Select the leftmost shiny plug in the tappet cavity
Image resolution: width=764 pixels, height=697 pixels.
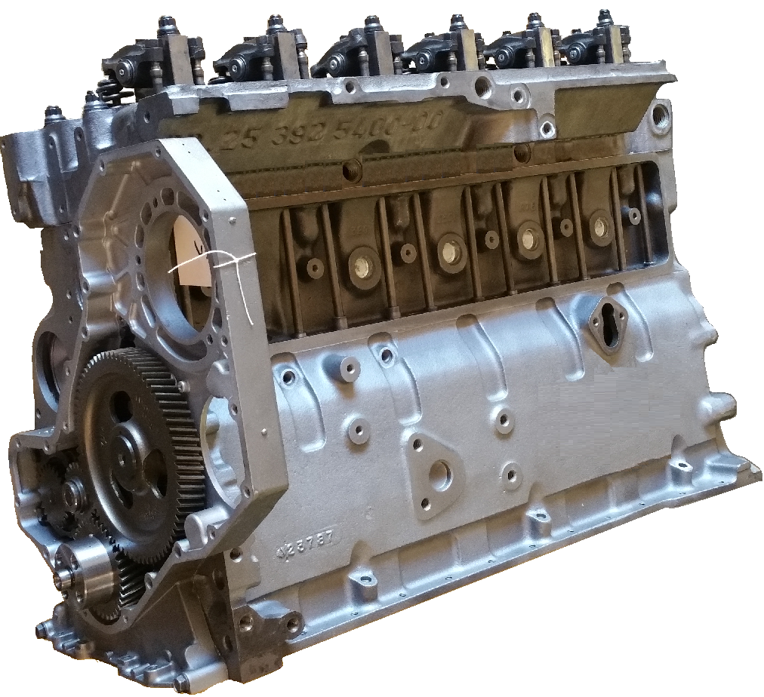(358, 265)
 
